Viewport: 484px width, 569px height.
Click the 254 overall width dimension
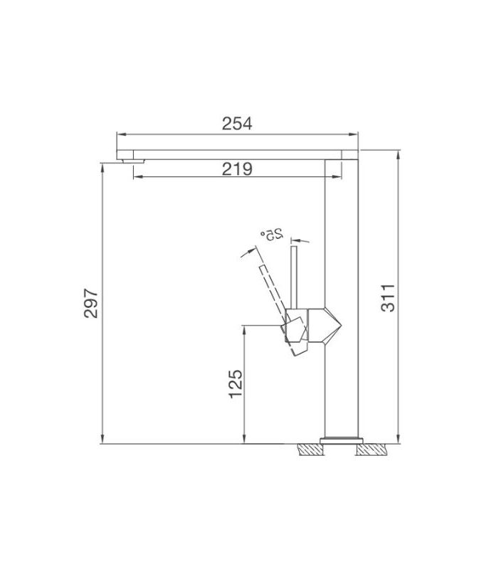click(x=237, y=124)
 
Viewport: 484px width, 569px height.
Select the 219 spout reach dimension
click(x=237, y=169)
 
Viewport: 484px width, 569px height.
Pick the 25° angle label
click(x=273, y=233)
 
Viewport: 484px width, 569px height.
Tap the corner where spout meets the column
click(x=342, y=155)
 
